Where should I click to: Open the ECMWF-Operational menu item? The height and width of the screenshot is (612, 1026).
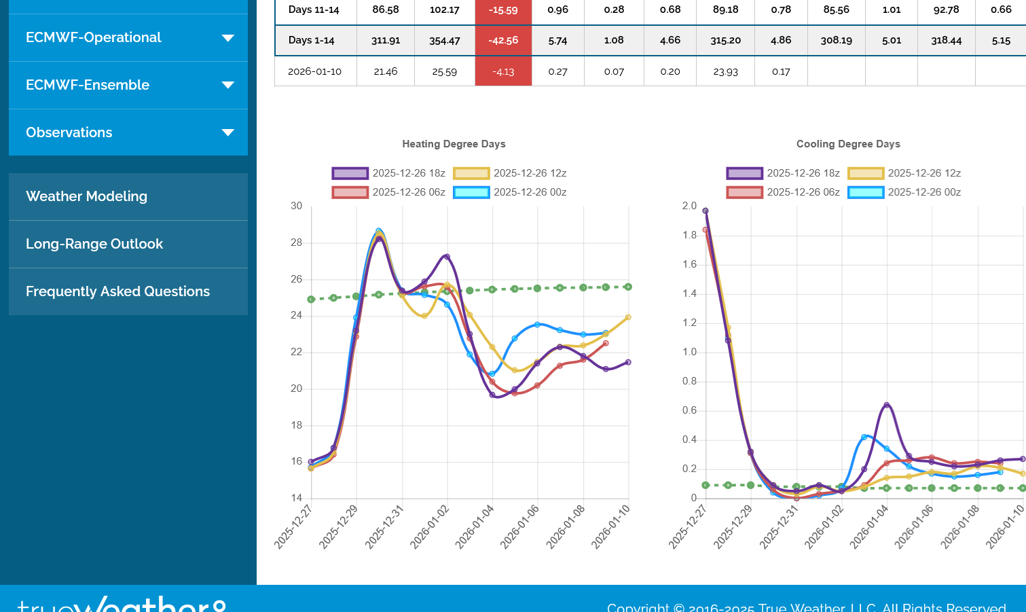point(94,38)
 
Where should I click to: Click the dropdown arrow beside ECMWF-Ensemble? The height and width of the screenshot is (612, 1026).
point(228,86)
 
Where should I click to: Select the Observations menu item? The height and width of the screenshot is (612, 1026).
point(69,132)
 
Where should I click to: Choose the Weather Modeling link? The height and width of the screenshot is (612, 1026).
point(86,196)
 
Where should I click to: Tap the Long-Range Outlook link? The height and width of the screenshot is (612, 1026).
point(94,244)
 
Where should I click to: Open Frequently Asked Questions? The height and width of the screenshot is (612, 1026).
point(117,291)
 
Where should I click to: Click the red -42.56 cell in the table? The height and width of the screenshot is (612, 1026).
point(503,41)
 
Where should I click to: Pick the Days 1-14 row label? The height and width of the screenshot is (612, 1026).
point(311,41)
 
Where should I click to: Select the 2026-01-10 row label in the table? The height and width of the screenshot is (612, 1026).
point(314,71)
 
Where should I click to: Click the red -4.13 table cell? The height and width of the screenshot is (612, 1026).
point(503,71)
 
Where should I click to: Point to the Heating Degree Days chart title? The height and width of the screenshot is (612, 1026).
point(454,144)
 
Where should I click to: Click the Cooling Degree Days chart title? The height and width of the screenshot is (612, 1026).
point(848,144)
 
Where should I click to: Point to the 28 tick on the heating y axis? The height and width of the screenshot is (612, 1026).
point(297,242)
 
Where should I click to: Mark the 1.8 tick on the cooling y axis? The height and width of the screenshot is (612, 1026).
point(690,235)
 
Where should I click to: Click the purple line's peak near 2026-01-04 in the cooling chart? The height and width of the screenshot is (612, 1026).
point(887,405)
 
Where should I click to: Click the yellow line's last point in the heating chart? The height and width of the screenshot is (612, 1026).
point(628,317)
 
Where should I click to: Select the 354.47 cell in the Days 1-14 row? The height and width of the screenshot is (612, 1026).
point(445,41)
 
